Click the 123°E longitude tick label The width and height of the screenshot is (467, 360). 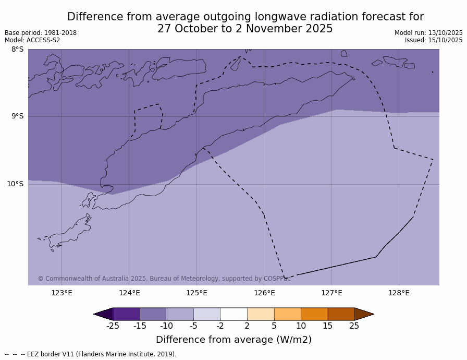(62, 293)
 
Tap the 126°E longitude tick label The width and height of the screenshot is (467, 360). (264, 293)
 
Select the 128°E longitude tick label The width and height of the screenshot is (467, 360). (399, 293)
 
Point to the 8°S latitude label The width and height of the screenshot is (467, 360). (17, 50)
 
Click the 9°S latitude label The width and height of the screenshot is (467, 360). (17, 116)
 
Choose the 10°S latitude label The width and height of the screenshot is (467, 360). (15, 184)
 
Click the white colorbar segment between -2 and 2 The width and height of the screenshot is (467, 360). (233, 314)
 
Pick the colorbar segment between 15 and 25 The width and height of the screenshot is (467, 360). (341, 314)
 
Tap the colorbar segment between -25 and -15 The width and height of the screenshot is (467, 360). (126, 314)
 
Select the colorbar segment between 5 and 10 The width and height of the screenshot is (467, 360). (287, 314)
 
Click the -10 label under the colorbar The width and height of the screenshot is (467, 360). (166, 326)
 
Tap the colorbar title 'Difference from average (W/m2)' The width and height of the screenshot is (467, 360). (233, 340)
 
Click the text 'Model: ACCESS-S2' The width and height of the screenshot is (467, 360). (32, 40)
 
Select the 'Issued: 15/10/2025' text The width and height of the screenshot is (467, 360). (434, 40)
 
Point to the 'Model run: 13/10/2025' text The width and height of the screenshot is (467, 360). (428, 33)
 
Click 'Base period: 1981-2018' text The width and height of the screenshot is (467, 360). (41, 33)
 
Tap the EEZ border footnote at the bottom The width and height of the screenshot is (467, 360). (91, 354)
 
